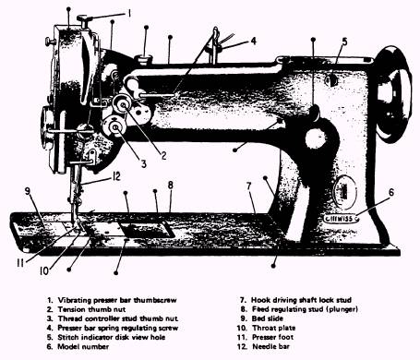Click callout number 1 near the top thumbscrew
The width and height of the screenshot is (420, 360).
(x=129, y=14)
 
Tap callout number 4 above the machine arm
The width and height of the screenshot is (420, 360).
(x=253, y=41)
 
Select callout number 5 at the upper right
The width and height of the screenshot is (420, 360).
(x=344, y=42)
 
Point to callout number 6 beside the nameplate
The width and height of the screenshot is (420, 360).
(x=391, y=192)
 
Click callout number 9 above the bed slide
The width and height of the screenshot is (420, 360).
(x=28, y=191)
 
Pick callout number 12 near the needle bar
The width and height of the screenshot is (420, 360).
(x=116, y=176)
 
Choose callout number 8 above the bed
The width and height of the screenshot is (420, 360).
(x=171, y=185)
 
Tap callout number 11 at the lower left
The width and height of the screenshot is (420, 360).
(x=20, y=263)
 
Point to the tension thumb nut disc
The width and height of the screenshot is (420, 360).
(x=123, y=105)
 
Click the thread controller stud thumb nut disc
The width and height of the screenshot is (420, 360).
(x=114, y=126)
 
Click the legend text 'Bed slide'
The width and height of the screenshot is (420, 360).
(x=268, y=318)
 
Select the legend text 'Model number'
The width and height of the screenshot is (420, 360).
(x=83, y=347)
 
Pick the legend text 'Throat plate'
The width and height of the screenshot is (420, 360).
(x=274, y=328)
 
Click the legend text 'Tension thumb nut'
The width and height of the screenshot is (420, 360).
(x=91, y=309)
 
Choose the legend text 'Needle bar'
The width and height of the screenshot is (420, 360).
(x=270, y=347)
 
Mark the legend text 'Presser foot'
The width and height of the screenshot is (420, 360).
(x=272, y=337)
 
